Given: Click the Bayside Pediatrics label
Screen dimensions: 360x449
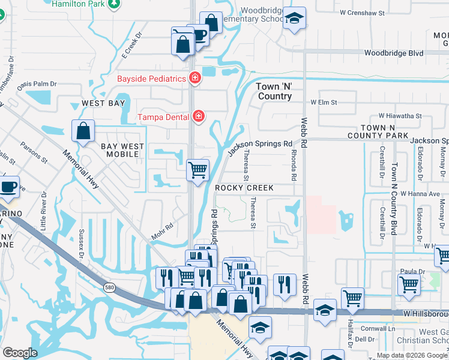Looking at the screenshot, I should (151, 79).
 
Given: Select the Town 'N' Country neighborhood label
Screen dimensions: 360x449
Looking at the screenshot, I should (274, 91).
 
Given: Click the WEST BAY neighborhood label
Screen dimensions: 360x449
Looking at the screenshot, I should (103, 104).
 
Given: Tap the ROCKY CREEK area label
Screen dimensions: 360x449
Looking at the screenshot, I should (244, 188).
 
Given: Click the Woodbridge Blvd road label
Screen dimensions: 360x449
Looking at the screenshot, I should (393, 53).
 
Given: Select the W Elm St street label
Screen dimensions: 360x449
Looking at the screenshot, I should (324, 103).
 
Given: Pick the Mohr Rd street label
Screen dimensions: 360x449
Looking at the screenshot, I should (162, 231).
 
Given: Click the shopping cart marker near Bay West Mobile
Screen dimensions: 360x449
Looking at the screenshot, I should (197, 170).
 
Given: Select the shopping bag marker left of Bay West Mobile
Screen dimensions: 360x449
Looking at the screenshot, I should (83, 130).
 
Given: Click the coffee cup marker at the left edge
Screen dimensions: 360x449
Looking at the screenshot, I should (8, 187).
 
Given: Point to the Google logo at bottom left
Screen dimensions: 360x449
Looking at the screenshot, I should (20, 353).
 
